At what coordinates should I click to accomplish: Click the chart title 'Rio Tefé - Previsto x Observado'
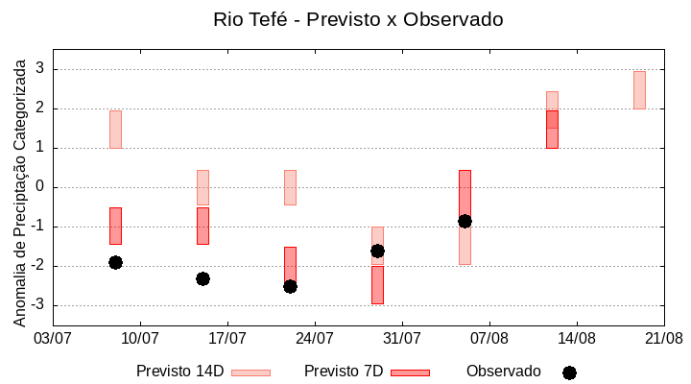pos(358,19)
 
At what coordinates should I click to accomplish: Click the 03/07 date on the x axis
pos(53,338)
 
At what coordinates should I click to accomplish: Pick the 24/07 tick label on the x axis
pos(315,338)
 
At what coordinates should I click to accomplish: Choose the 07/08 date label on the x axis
pos(489,338)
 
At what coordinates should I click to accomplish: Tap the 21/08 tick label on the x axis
pos(663,338)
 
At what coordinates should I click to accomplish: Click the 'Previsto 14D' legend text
pos(179,372)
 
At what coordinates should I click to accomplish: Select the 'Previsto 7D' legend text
pos(344,372)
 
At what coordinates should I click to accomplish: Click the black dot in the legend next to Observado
pos(569,372)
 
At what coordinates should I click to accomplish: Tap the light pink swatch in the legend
pos(250,372)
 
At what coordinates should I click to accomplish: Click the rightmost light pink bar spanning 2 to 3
pos(639,89)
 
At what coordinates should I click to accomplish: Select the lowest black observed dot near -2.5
pos(290,286)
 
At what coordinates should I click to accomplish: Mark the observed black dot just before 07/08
pos(465,221)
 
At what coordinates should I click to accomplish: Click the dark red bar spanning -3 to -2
pos(377,285)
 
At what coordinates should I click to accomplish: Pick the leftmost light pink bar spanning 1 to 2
pos(115,129)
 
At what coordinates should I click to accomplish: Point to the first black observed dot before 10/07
pos(115,262)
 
